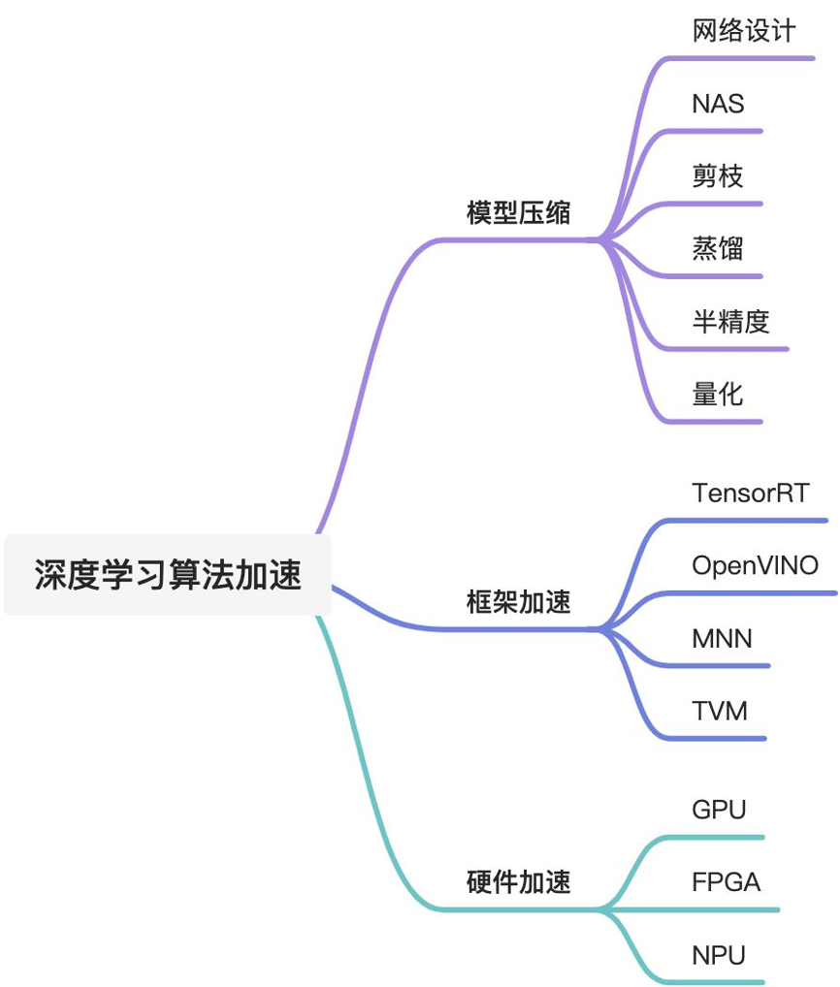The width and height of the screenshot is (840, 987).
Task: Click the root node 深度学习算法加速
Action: tap(168, 575)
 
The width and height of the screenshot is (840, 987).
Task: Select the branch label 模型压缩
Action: tap(518, 213)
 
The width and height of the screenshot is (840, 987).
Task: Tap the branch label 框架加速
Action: tap(518, 603)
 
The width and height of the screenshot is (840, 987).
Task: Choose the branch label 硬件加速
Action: tap(518, 882)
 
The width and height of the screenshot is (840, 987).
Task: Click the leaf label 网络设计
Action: tap(744, 31)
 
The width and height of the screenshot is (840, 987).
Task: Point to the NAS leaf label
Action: tap(718, 104)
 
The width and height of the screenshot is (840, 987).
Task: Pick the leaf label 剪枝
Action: tap(718, 175)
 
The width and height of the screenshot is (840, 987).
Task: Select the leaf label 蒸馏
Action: tap(718, 248)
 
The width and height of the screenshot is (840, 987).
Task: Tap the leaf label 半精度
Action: tap(730, 321)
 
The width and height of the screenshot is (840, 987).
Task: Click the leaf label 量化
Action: tap(718, 394)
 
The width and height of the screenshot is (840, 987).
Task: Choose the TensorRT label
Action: tap(751, 493)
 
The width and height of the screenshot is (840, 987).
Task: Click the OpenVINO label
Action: tap(755, 565)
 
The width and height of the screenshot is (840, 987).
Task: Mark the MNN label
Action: tap(722, 639)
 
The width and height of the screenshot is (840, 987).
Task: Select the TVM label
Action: tap(720, 712)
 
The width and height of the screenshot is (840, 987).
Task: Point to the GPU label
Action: tap(719, 810)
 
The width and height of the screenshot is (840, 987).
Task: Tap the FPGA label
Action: tap(726, 882)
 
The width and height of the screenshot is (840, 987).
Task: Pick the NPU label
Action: tap(719, 955)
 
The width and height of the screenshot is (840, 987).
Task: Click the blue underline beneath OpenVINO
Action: tap(757, 592)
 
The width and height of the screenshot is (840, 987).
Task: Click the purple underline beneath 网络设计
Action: tap(747, 58)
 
